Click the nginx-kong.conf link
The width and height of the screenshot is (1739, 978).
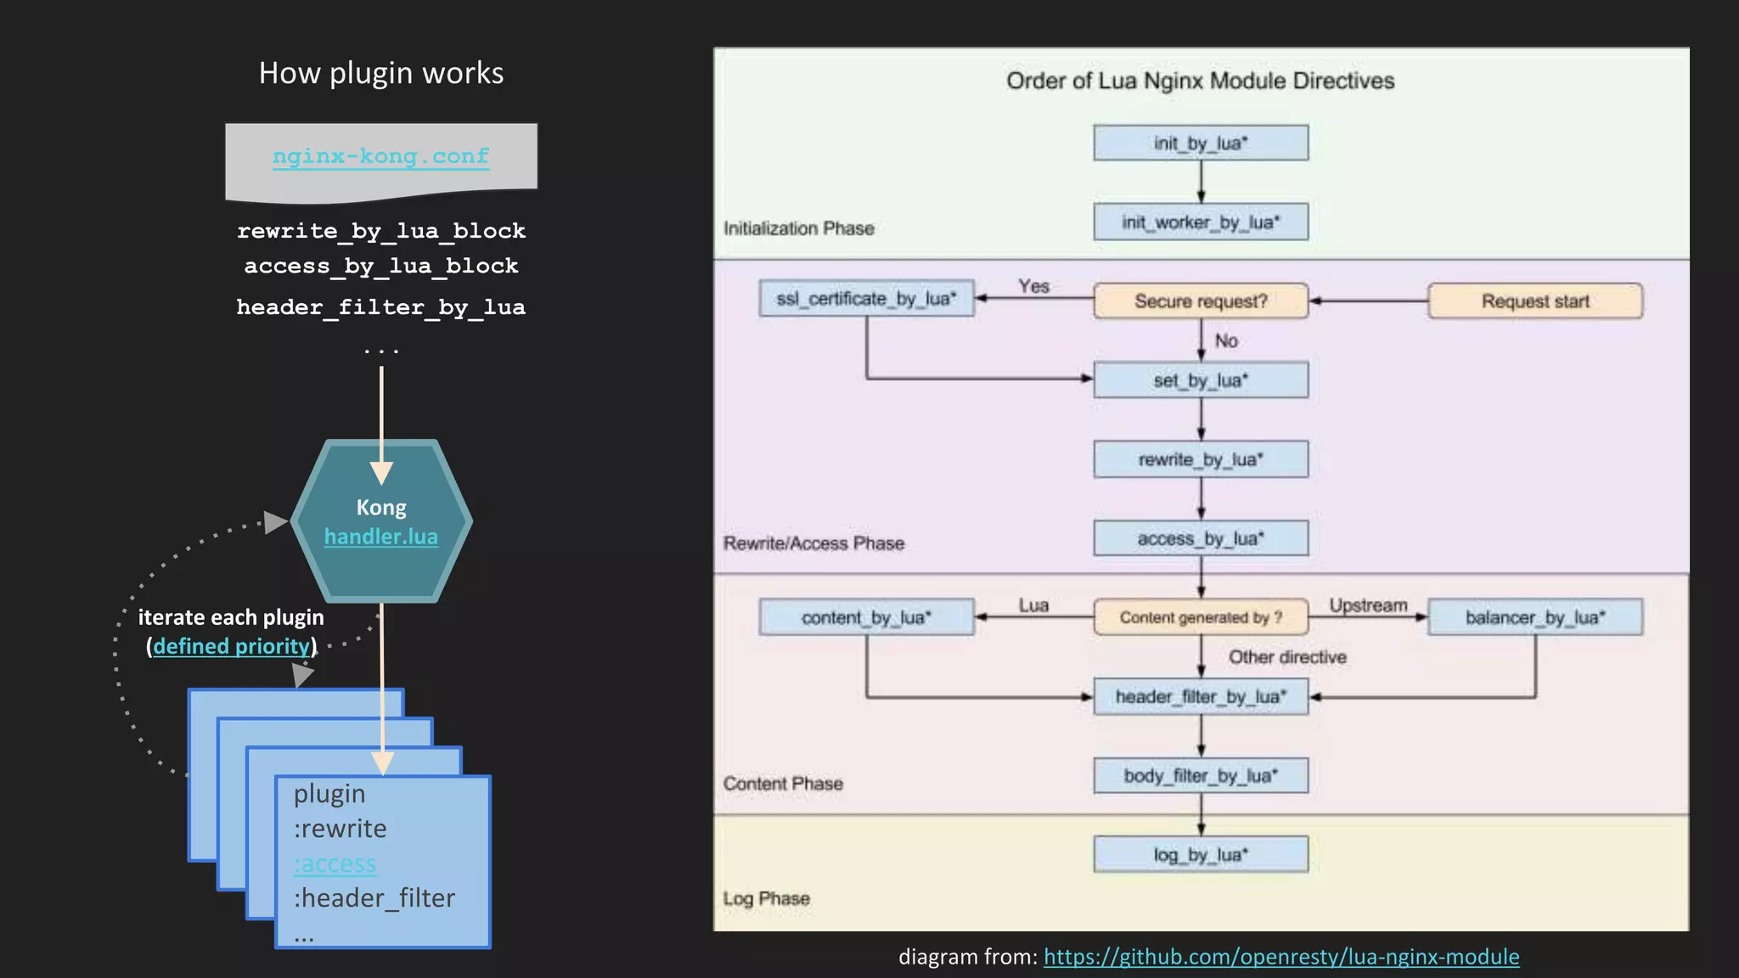(x=380, y=156)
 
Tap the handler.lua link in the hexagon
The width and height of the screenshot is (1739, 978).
(x=380, y=537)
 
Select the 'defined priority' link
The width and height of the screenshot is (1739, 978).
(x=232, y=646)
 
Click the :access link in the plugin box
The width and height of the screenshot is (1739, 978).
(x=335, y=863)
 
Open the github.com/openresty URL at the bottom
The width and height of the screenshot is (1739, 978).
(x=1280, y=957)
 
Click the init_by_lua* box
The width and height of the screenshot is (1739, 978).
(x=1200, y=143)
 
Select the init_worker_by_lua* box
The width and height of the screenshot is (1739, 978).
(x=1200, y=222)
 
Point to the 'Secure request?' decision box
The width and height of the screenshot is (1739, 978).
(x=1200, y=301)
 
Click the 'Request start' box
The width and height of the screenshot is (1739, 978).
(x=1534, y=301)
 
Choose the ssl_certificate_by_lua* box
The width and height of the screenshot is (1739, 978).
(x=866, y=299)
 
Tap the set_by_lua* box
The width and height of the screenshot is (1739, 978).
(x=1200, y=380)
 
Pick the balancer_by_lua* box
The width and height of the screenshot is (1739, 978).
(x=1534, y=617)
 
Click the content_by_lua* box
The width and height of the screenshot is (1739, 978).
(x=866, y=617)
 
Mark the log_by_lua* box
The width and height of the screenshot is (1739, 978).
(x=1200, y=854)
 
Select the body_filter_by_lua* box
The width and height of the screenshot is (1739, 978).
(x=1200, y=775)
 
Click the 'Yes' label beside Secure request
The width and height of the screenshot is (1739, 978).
(x=1033, y=286)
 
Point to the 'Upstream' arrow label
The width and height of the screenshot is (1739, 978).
(x=1367, y=605)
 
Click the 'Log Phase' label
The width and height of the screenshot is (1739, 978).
(x=766, y=898)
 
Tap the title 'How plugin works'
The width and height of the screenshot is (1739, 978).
(x=381, y=73)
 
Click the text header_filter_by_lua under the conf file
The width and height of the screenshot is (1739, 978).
(x=380, y=307)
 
